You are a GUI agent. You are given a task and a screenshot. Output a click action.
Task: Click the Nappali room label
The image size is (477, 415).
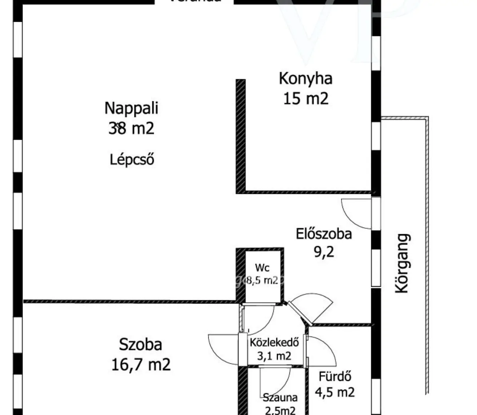131,108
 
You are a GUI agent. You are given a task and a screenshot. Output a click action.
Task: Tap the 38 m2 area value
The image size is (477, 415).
131,128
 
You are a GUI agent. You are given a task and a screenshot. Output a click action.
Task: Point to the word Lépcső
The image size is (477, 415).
132,159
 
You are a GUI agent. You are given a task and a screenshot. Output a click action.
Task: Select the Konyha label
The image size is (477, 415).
305,78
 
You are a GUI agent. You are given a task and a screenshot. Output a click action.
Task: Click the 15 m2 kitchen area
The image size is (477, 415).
305,98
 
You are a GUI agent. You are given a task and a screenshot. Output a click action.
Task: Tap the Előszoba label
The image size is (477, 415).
324,233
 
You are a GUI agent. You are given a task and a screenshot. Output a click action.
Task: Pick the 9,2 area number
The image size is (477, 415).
324,252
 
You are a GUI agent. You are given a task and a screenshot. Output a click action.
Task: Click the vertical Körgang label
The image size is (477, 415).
402,263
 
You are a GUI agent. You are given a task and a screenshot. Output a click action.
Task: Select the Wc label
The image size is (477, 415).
262,268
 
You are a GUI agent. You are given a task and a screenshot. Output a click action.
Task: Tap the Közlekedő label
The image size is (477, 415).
274,342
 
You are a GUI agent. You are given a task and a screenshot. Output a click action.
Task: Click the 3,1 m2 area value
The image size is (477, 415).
274,356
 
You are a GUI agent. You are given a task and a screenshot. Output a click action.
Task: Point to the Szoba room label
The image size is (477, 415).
140,344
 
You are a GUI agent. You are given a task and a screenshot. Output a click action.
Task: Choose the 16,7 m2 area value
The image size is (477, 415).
140,364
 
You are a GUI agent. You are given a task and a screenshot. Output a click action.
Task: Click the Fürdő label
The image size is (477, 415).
335,377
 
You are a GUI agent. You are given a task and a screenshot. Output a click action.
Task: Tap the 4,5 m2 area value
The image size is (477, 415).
335,392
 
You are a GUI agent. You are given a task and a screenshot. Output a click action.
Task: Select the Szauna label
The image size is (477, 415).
280,398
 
